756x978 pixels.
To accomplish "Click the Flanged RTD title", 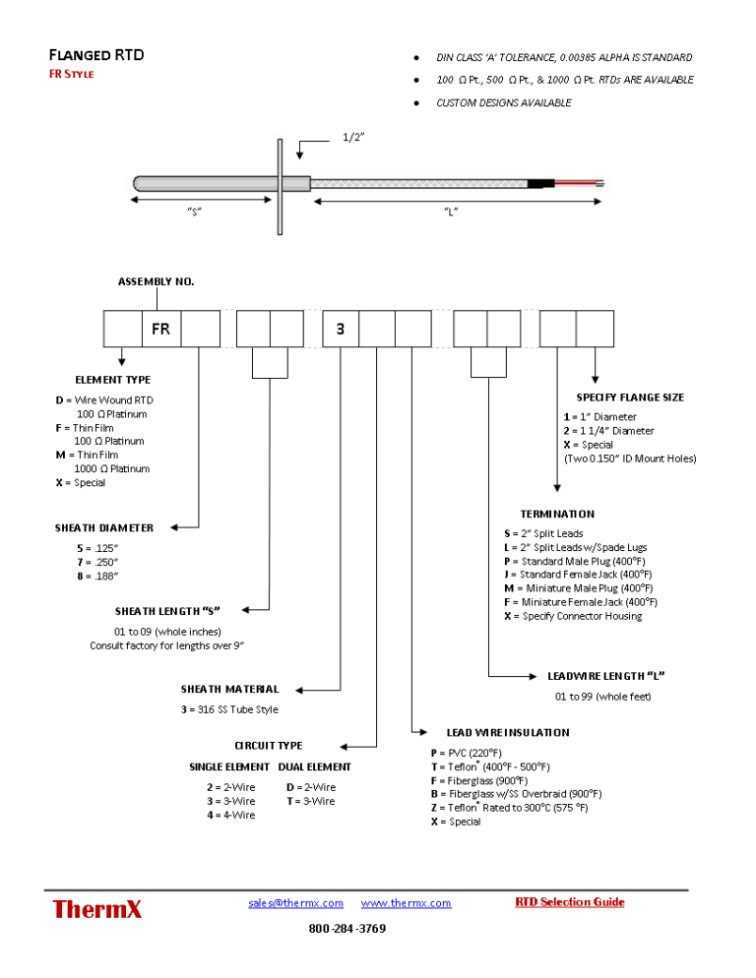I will tap(96, 55).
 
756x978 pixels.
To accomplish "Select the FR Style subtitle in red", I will tap(72, 75).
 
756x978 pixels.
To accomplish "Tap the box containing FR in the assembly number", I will tap(160, 329).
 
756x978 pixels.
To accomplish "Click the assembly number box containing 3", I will tap(341, 329).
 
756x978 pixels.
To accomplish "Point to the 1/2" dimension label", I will tap(354, 137).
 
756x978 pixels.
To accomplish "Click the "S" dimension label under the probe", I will tap(195, 213).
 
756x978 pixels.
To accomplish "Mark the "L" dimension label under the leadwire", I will tap(451, 213).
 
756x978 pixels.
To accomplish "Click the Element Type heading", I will tap(113, 379).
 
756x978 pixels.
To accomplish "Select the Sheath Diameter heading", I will tap(104, 527).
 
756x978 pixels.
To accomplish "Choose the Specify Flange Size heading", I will tap(630, 397).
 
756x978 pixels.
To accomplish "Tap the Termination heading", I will tap(557, 514).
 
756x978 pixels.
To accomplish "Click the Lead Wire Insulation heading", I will tap(507, 732).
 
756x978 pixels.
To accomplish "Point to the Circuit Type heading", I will tap(268, 746).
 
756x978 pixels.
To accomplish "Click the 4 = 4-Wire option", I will tap(230, 815).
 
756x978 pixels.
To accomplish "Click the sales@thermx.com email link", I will tap(295, 902).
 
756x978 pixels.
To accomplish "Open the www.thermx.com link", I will tap(406, 902).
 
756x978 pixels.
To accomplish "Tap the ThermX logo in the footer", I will tap(97, 908).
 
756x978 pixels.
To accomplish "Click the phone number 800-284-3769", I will tap(346, 929).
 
